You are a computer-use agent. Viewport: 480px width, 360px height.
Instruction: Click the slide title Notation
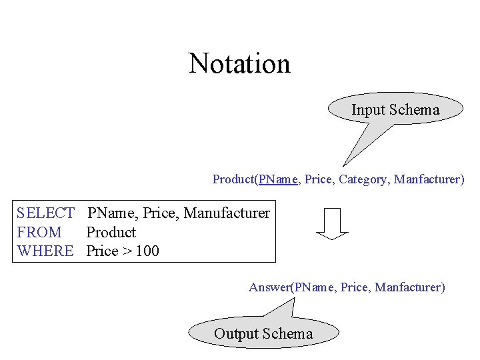(239, 64)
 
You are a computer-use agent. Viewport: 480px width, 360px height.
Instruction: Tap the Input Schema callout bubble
(395, 109)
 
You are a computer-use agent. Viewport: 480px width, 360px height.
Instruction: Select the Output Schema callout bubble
(263, 333)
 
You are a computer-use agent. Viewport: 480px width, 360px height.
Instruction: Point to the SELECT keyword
(45, 213)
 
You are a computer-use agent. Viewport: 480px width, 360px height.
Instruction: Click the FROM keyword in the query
(39, 233)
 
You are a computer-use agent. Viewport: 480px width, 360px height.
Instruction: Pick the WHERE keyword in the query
(45, 251)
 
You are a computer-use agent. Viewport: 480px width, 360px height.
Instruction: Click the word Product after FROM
(111, 233)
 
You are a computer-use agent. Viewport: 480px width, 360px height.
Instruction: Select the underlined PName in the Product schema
(277, 179)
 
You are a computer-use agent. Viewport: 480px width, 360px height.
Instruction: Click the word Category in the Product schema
(364, 179)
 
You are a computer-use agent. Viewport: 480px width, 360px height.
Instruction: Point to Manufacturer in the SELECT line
(227, 213)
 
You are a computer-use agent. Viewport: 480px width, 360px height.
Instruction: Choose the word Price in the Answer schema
(354, 287)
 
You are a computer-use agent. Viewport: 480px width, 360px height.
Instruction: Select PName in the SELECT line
(112, 213)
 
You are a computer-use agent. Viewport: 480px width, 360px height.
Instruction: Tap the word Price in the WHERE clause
(102, 251)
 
